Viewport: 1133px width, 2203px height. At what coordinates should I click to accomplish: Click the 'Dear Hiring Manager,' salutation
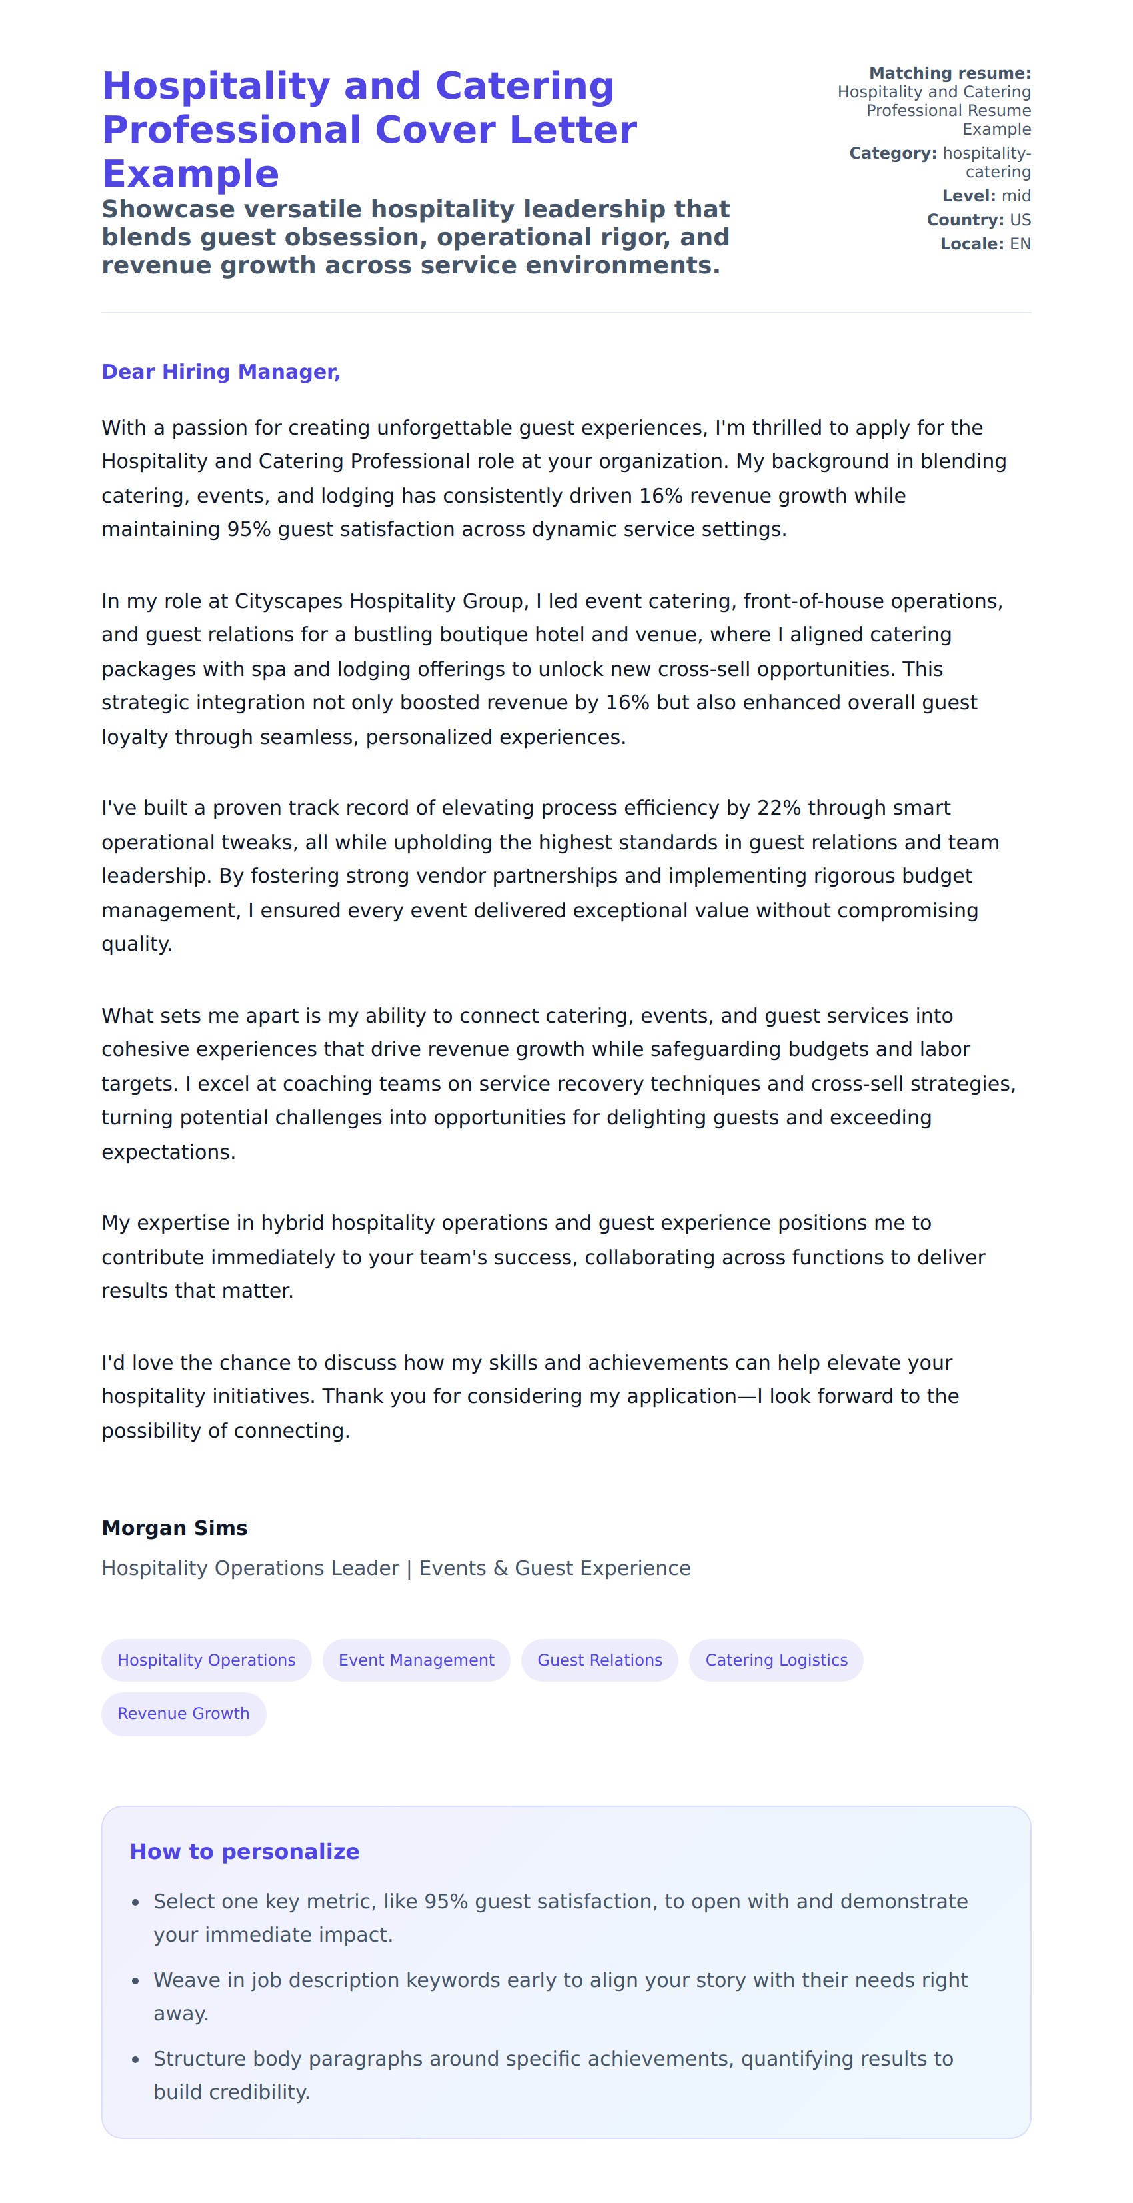click(221, 372)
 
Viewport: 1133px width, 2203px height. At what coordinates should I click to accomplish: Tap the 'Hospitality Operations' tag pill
click(206, 1660)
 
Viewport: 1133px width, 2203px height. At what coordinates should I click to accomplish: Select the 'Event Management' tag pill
click(416, 1660)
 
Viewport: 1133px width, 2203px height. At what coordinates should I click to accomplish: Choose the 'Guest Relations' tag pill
click(599, 1660)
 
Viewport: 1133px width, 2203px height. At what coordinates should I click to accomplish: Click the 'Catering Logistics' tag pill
click(776, 1660)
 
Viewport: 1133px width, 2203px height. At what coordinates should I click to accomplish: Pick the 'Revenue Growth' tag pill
click(183, 1713)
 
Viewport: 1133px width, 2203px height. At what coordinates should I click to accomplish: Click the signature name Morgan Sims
click(175, 1528)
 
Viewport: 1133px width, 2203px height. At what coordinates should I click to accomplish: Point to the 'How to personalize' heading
click(244, 1851)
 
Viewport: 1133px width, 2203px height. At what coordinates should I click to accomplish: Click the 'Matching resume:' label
click(949, 73)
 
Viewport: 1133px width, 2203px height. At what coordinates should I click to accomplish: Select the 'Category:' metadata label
click(892, 153)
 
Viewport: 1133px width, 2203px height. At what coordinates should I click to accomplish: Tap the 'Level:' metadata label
click(968, 196)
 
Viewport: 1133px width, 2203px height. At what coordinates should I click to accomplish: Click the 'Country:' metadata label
click(964, 220)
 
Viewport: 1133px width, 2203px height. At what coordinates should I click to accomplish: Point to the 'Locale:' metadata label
click(972, 244)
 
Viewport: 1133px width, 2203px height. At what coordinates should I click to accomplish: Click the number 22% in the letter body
click(778, 808)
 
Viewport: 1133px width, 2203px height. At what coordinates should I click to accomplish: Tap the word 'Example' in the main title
click(190, 173)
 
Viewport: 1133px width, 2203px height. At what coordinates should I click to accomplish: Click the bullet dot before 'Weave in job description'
click(135, 1981)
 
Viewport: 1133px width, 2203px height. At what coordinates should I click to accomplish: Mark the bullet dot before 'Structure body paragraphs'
click(135, 2060)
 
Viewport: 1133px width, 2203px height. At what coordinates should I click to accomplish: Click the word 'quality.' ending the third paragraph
click(137, 944)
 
